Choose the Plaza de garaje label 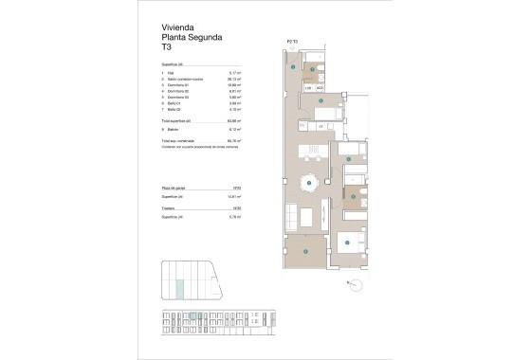pos(176,189)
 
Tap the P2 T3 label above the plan pos(292,42)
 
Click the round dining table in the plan pos(307,183)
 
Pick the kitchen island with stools pos(309,152)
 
